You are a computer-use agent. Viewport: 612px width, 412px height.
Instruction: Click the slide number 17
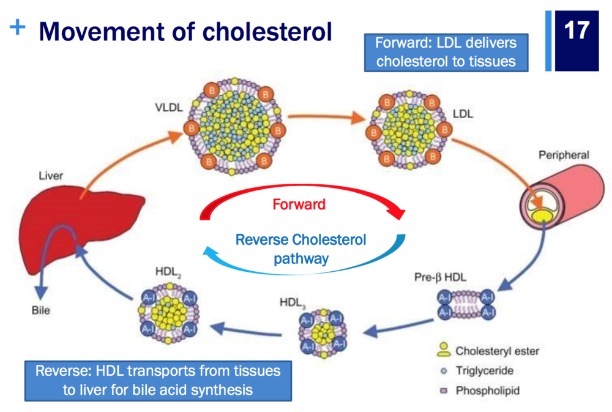(577, 31)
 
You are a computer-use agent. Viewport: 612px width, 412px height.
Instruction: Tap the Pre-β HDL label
(440, 277)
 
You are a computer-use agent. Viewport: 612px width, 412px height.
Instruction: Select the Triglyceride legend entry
(483, 371)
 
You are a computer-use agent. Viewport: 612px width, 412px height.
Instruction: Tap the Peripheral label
(564, 155)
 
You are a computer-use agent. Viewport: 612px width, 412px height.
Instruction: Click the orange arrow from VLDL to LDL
(324, 116)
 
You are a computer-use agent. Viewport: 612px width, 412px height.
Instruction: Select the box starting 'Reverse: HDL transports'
(157, 380)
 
